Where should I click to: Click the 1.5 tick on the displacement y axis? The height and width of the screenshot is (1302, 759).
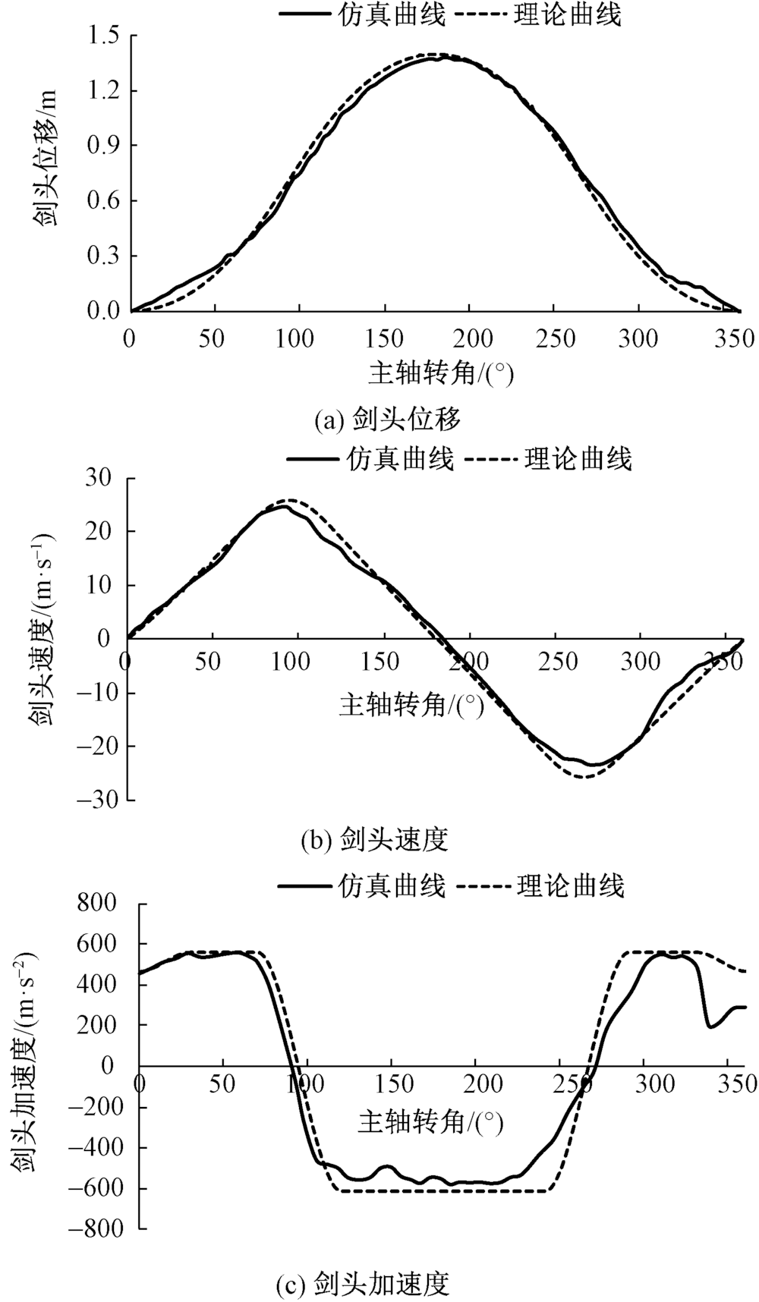click(104, 36)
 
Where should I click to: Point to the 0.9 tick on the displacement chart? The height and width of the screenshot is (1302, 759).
click(104, 146)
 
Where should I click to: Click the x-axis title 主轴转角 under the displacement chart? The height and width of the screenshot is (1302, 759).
click(436, 373)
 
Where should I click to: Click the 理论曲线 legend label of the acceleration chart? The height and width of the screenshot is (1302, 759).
click(570, 885)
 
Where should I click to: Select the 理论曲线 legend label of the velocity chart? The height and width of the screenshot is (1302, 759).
click(578, 458)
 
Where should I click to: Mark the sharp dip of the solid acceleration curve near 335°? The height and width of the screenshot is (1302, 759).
click(710, 1027)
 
